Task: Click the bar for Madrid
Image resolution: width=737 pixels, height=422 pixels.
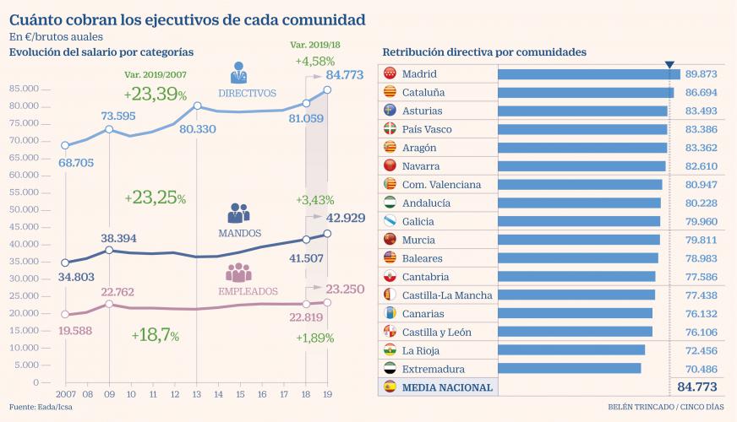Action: point(589,73)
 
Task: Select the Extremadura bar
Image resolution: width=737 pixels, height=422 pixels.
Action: point(570,369)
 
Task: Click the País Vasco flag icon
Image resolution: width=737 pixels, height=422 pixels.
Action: point(390,129)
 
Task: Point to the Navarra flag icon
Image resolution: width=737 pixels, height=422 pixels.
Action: point(390,166)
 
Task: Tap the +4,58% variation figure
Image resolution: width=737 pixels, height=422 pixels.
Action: point(315,62)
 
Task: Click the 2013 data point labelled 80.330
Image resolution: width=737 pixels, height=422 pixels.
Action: point(197,105)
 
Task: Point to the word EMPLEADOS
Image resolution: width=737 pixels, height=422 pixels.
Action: point(249,291)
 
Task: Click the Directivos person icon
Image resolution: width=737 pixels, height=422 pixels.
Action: point(239,73)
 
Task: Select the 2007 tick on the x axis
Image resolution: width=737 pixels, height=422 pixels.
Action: point(65,394)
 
